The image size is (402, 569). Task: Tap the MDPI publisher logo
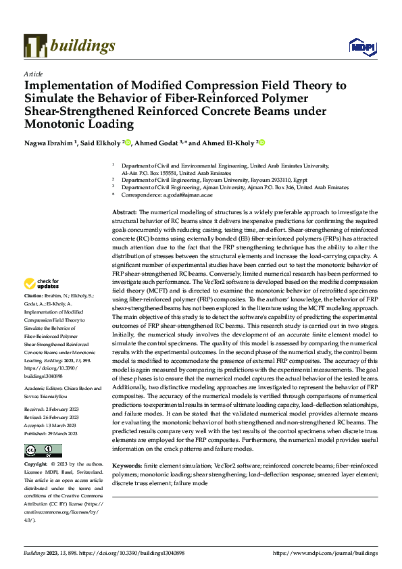362,45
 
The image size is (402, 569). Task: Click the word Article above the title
32,74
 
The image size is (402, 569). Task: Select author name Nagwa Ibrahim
49,143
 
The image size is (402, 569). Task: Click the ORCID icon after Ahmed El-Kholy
261,143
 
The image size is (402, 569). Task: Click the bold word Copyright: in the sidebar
36,466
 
